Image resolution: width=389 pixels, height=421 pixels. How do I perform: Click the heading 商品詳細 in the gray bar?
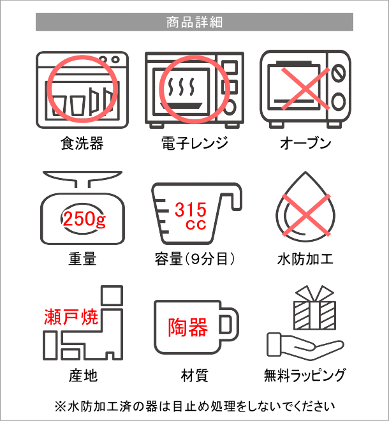(x=194, y=22)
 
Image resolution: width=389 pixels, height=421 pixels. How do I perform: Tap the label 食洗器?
(x=82, y=143)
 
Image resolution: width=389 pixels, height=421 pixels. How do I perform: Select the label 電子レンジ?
(x=195, y=143)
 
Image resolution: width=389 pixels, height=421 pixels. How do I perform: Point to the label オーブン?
(x=305, y=143)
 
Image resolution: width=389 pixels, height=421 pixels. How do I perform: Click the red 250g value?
(x=84, y=219)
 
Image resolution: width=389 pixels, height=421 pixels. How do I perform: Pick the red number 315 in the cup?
(x=191, y=210)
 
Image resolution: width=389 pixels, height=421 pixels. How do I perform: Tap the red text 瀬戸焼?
(x=71, y=317)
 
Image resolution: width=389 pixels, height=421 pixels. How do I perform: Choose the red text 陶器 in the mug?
(x=188, y=327)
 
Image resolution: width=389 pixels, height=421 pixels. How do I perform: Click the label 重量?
(x=82, y=259)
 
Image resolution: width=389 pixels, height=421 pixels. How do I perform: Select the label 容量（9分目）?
(x=195, y=259)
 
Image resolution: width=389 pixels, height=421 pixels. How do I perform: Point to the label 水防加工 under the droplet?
(x=305, y=259)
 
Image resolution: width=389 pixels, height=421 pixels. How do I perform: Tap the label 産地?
(x=83, y=375)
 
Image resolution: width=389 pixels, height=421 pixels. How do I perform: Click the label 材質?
(x=194, y=375)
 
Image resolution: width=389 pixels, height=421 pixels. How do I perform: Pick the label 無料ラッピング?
(x=304, y=375)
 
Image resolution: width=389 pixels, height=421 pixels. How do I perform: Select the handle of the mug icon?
(x=230, y=324)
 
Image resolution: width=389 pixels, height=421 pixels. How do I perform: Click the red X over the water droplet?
(x=305, y=216)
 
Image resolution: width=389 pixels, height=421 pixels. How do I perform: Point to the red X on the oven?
(x=305, y=89)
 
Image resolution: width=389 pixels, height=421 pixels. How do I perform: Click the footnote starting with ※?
(x=195, y=406)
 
